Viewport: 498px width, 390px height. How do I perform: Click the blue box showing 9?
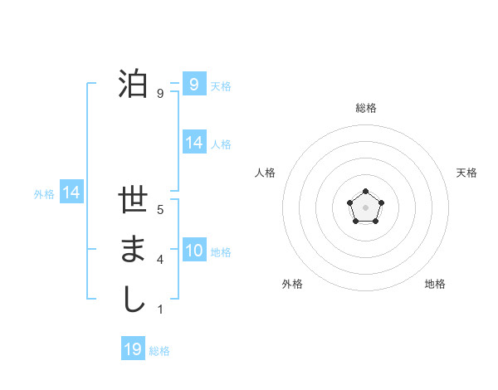pos(193,85)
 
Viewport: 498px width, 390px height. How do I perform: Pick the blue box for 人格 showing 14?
pos(193,143)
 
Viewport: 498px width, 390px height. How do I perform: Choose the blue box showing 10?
pos(193,251)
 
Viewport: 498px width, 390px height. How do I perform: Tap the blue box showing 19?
pos(133,349)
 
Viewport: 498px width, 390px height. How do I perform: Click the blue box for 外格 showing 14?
pos(71,193)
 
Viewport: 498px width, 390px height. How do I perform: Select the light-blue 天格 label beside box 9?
pos(221,85)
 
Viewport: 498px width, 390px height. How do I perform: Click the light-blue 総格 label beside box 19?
pos(159,351)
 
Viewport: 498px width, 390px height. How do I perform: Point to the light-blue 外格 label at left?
pos(44,194)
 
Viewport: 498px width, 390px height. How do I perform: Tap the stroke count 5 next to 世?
pos(159,210)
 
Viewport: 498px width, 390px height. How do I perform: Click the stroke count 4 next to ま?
pos(159,260)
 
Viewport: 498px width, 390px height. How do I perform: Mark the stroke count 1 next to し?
pos(159,309)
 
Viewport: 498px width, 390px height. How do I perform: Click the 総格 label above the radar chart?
pos(365,108)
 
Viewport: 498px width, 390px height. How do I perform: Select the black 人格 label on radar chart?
pos(266,173)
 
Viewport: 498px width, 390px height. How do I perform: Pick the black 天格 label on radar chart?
pos(466,173)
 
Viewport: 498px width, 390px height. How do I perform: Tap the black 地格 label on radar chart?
pos(435,284)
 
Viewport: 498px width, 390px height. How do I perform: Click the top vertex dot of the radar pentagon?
pos(365,192)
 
